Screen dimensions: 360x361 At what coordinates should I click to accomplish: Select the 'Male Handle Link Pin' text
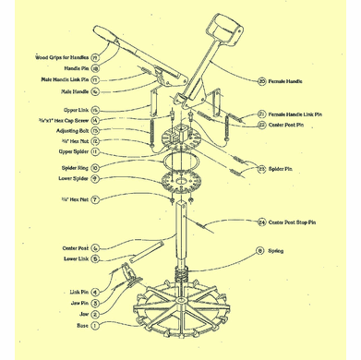[x=59, y=80]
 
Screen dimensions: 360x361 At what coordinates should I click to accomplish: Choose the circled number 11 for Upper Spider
[x=95, y=150]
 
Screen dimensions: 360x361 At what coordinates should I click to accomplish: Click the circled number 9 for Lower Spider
[x=95, y=178]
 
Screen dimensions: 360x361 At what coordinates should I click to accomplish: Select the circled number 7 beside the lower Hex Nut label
[x=95, y=199]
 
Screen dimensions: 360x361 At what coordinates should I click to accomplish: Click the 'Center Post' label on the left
[x=75, y=247]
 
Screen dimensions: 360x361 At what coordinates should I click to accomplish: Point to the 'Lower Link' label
[x=75, y=259]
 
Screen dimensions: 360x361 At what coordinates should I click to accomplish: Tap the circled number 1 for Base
[x=95, y=325]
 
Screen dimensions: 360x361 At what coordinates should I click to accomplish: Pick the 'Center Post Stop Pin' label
[x=299, y=222]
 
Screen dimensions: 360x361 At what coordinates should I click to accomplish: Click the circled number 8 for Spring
[x=261, y=250]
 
